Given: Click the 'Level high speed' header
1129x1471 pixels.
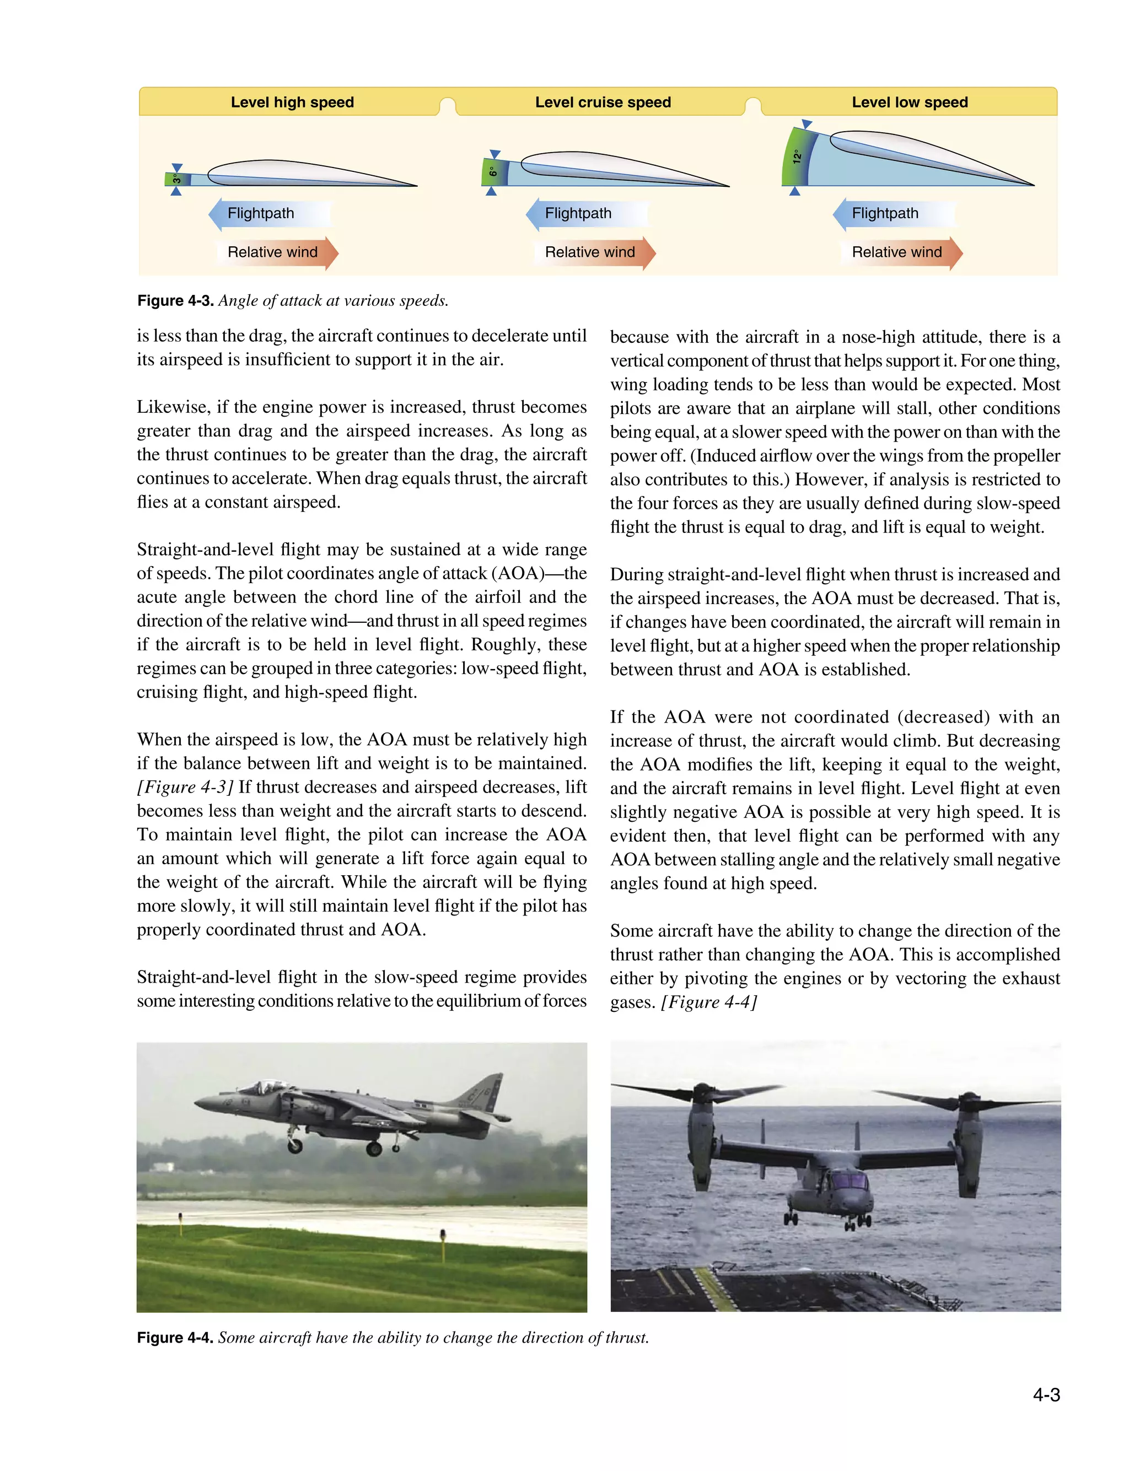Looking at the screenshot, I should pyautogui.click(x=292, y=102).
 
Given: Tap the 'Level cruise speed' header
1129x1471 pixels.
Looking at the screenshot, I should pyautogui.click(x=603, y=102).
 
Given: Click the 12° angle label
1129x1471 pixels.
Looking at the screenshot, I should pyautogui.click(x=797, y=157).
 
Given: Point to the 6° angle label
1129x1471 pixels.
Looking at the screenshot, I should pyautogui.click(x=493, y=172).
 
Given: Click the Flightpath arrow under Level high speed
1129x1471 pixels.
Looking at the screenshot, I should pyautogui.click(x=269, y=214).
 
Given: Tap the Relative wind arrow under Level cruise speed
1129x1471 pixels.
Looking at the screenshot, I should pyautogui.click(x=594, y=252).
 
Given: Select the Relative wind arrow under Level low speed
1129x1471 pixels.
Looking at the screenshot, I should pyautogui.click(x=901, y=252).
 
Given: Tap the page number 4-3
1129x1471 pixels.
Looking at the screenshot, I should pyautogui.click(x=1046, y=1395).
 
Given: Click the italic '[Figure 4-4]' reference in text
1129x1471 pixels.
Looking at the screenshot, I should pyautogui.click(x=709, y=1002).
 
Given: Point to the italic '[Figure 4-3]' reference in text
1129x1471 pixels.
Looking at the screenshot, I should pyautogui.click(x=185, y=786).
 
